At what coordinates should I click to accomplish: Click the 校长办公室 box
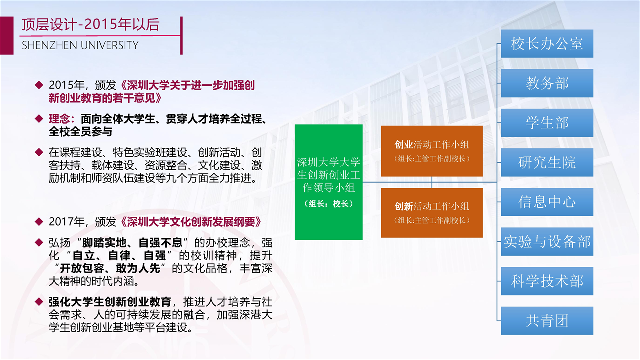click(547, 43)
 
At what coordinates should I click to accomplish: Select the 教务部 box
click(547, 83)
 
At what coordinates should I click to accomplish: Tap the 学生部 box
click(547, 123)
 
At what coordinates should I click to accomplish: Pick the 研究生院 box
click(547, 162)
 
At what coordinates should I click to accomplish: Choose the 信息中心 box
click(547, 202)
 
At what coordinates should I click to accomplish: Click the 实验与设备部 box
click(547, 241)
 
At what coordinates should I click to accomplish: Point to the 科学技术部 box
click(547, 281)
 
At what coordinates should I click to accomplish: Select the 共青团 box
click(547, 321)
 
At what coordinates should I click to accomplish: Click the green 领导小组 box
click(329, 182)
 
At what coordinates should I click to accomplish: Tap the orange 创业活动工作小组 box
click(432, 151)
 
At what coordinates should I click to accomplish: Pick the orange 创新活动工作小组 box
click(432, 213)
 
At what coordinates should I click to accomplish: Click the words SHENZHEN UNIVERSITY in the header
click(80, 45)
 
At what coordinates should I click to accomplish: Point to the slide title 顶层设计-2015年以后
click(90, 24)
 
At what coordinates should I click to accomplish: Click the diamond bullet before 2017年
click(39, 221)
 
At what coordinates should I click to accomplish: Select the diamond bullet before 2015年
click(39, 85)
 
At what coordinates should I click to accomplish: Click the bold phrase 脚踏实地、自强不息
click(132, 243)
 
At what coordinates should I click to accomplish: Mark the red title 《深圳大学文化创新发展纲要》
click(191, 222)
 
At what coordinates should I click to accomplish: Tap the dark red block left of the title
click(7, 35)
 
